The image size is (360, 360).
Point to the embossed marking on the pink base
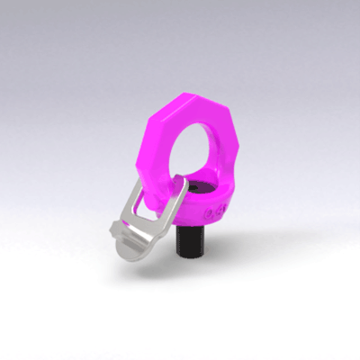click(213, 213)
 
